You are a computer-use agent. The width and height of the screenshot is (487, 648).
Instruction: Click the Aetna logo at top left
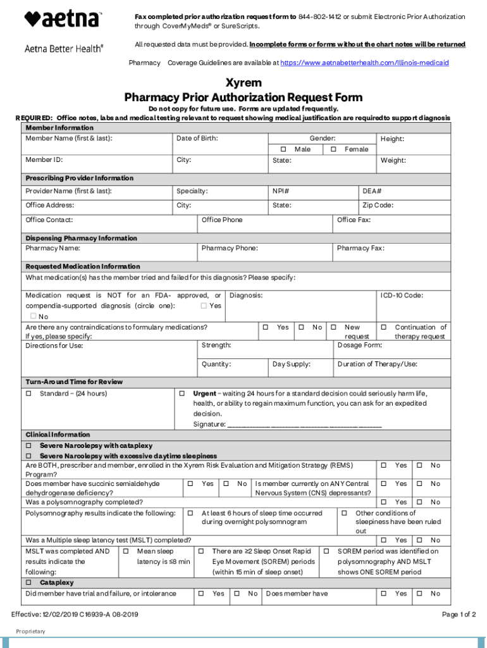coord(63,20)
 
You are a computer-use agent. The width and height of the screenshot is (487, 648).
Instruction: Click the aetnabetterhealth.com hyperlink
coord(364,63)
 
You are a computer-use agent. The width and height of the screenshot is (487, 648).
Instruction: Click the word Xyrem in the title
coord(244,84)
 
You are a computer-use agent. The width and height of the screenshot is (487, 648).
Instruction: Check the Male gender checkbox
coord(283,149)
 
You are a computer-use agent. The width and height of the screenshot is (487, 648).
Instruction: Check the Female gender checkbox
coord(333,149)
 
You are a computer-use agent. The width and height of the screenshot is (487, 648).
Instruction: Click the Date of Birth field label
coord(197,139)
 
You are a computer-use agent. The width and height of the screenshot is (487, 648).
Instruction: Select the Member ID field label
coord(44,160)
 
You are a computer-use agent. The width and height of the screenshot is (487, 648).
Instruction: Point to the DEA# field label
coord(372,191)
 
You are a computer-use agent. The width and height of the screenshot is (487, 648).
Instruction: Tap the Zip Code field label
coord(378,205)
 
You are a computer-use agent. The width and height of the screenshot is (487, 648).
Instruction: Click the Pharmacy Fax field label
coord(361,248)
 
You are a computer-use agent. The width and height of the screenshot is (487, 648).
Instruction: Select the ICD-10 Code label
coord(402,296)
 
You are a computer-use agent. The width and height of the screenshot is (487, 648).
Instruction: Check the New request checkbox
coord(333,327)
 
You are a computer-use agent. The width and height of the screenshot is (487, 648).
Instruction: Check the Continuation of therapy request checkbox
coord(384,327)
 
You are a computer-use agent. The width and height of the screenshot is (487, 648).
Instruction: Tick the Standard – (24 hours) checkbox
coord(28,394)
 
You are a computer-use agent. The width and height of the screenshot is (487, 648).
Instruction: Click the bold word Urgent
coord(204,394)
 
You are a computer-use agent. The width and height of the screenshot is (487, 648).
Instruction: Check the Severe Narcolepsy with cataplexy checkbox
coord(28,446)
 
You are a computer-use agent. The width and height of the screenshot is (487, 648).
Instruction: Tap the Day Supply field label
coord(291,364)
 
